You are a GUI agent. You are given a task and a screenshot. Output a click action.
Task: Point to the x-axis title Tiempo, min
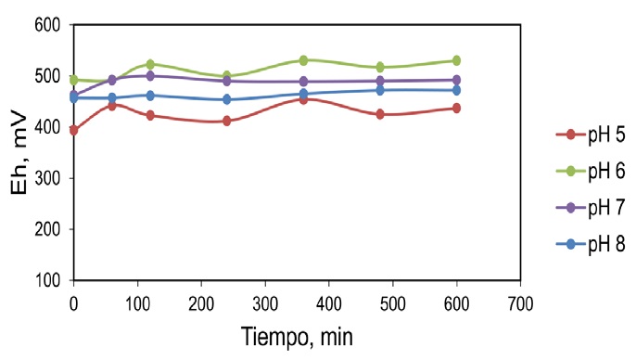tap(298, 335)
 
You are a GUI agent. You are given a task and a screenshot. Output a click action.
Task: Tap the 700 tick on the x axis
tap(521, 302)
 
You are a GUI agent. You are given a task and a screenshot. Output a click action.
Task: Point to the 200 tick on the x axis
tap(201, 302)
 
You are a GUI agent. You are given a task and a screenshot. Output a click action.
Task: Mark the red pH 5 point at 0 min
tap(73, 131)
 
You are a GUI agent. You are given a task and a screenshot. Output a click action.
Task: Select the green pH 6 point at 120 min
tap(150, 65)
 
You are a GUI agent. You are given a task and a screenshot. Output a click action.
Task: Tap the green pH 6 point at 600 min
tap(456, 61)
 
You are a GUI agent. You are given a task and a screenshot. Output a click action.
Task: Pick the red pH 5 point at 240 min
tap(226, 121)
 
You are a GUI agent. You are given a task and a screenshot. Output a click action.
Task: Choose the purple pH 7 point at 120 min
tap(150, 76)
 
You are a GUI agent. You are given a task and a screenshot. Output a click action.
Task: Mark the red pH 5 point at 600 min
tap(456, 109)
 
